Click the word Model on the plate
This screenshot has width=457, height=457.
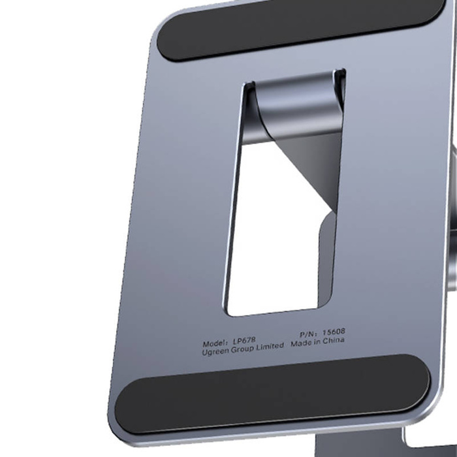coord(215,343)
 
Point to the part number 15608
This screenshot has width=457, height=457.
coord(330,332)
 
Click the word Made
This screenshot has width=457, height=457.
coord(302,343)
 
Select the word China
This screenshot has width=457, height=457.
coord(335,340)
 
